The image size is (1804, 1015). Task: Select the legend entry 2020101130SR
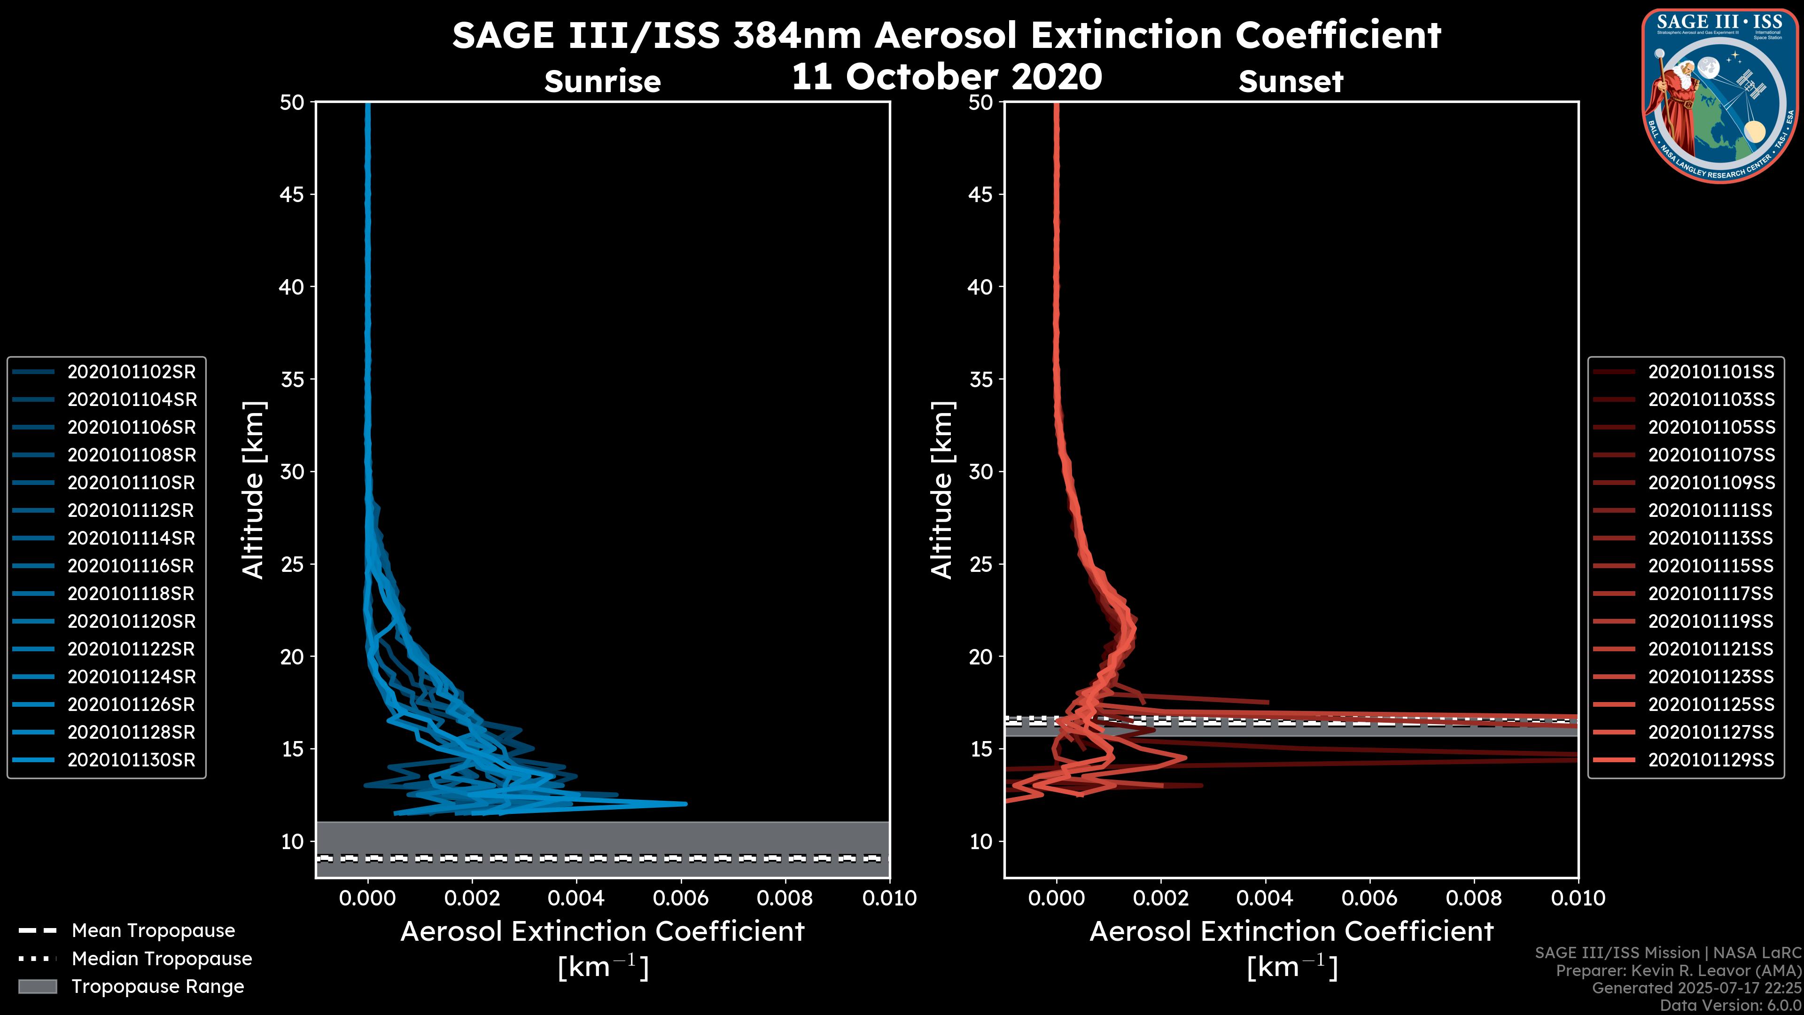(x=132, y=760)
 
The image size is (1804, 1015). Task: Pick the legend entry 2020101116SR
(x=132, y=566)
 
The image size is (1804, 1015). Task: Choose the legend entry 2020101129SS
(x=1711, y=760)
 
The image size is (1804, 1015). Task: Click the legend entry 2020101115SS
(x=1711, y=566)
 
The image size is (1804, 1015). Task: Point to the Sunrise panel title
(x=602, y=81)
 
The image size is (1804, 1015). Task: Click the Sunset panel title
(x=1291, y=81)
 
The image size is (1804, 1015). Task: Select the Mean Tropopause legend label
(x=153, y=930)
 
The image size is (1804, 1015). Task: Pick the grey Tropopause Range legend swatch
(x=38, y=986)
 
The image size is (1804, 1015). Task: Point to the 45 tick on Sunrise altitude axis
(x=292, y=194)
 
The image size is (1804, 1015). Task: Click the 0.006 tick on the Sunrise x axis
(x=680, y=898)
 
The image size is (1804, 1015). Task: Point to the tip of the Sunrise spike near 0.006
(x=685, y=804)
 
